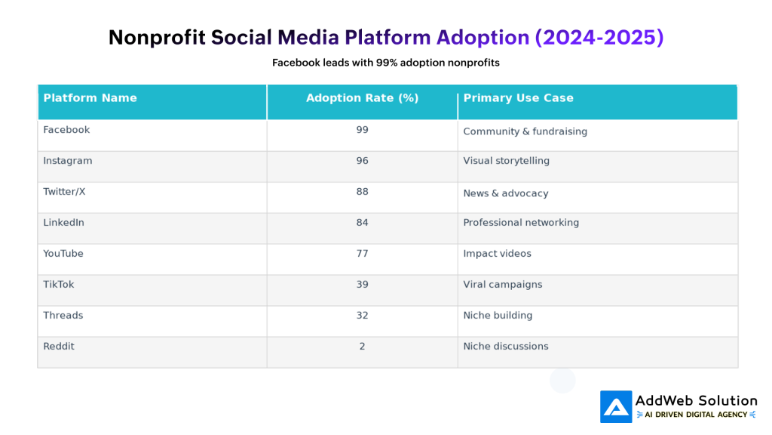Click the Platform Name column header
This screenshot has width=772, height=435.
[x=90, y=98]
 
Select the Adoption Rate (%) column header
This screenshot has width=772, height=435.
[x=362, y=98]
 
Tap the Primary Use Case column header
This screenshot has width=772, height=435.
[x=518, y=98]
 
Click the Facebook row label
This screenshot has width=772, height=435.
[x=66, y=130]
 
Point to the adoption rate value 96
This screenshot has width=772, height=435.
[x=362, y=161]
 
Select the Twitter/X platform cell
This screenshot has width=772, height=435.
[x=64, y=192]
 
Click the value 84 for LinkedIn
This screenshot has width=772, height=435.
[x=362, y=223]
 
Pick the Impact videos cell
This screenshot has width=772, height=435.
[x=497, y=254]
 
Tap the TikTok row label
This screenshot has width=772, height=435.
[x=59, y=285]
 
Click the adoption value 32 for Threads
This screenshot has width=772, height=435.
[x=362, y=316]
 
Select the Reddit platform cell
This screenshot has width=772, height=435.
[x=59, y=347]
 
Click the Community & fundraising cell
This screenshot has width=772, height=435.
[x=525, y=131]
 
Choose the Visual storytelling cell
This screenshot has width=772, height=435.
[x=506, y=161]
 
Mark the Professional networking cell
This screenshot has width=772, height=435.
[x=521, y=223]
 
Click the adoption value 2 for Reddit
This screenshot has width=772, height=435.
[x=362, y=347]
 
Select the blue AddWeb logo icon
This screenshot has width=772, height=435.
[x=616, y=406]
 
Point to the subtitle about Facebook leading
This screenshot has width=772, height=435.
[x=386, y=63]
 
